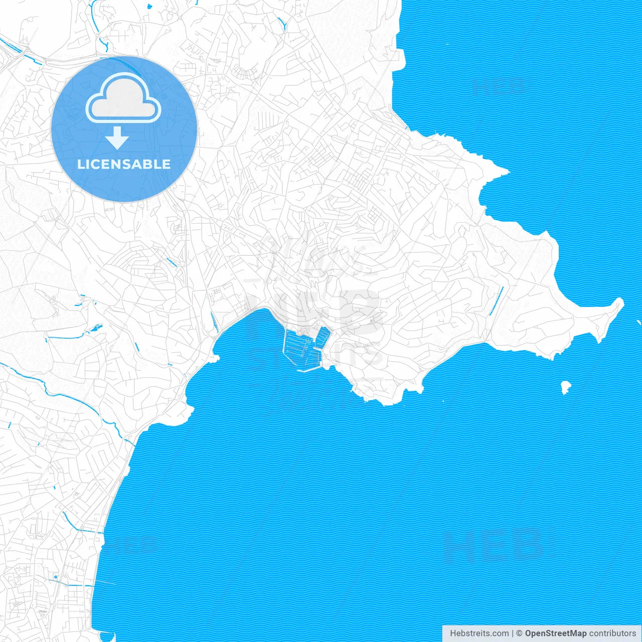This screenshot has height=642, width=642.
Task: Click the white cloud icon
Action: (x=123, y=100)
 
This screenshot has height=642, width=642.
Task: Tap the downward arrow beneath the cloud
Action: (x=117, y=138)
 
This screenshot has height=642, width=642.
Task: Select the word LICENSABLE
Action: (x=124, y=165)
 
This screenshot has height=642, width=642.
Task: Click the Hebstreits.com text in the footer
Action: (x=479, y=633)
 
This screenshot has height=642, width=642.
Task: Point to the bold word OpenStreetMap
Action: (x=556, y=633)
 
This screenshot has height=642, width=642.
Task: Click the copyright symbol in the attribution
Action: (x=520, y=633)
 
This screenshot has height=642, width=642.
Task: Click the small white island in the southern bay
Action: (x=565, y=387)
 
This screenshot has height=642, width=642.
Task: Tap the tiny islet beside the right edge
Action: (x=639, y=322)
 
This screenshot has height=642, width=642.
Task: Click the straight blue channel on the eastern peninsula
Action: (x=497, y=301)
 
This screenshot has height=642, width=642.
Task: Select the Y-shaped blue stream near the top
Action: (x=281, y=23)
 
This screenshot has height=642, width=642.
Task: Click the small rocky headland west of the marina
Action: (x=215, y=358)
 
